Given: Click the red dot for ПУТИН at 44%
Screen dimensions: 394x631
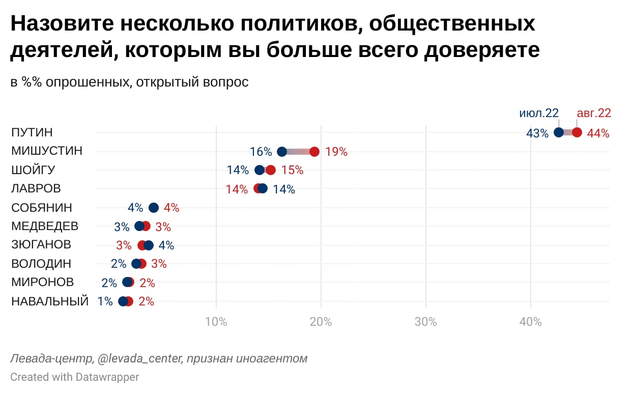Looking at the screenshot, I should (577, 132).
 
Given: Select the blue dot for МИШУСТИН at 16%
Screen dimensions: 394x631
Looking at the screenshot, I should (282, 151).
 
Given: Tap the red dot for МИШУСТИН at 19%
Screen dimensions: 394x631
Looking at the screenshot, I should (314, 151).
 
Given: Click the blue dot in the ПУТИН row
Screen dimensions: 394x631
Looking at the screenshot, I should (558, 132).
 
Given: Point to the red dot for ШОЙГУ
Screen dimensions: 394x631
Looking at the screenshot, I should (271, 170).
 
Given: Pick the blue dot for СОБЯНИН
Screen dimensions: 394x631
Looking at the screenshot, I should (153, 207).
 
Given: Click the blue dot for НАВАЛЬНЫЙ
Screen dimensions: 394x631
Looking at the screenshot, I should (123, 301).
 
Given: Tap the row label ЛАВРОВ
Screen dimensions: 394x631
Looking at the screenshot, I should (36, 188).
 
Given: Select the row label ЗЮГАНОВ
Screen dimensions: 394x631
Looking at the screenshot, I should (41, 244).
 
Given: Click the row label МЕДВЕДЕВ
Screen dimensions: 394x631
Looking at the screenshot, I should (45, 226).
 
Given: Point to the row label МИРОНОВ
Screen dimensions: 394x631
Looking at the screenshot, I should (42, 282).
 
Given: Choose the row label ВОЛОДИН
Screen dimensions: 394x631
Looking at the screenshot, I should (41, 264).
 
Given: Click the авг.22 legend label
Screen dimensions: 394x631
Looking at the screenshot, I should (593, 113).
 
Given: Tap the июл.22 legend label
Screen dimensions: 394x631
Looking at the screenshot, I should (539, 113).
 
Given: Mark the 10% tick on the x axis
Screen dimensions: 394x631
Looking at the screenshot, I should (216, 322).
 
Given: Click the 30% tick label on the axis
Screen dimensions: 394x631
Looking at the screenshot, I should (426, 322).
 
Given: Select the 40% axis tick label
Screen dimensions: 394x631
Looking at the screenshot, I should (531, 322).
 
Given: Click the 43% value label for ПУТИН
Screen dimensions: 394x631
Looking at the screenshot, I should (537, 133).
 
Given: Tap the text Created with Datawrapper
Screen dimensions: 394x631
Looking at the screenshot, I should (74, 377).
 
